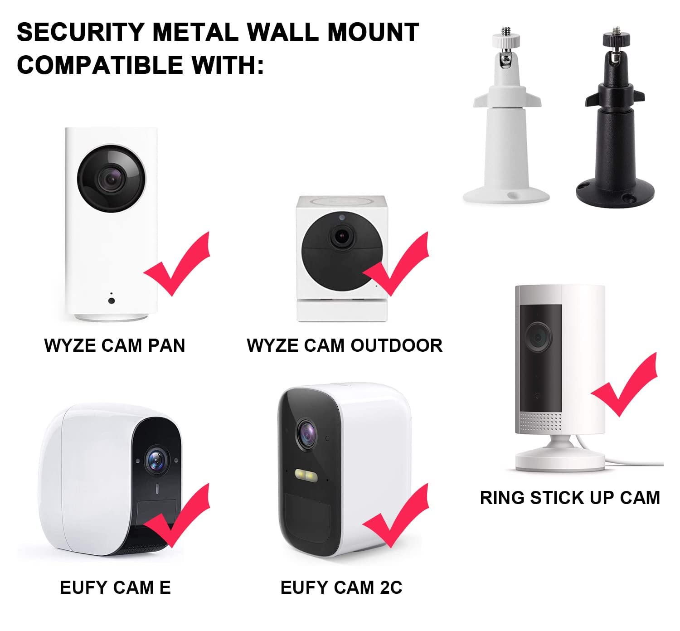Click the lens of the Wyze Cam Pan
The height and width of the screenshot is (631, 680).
point(111,178)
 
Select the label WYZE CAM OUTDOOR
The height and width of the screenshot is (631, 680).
point(345,345)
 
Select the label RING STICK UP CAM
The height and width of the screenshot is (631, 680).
point(570,498)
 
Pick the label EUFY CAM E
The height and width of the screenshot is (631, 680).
point(115,587)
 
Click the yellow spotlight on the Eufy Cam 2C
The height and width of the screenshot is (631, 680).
point(306,475)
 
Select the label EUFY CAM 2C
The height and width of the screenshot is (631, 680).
point(341,587)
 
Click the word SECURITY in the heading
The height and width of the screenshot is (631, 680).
point(80,32)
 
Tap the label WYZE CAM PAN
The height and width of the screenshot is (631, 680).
point(115,345)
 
